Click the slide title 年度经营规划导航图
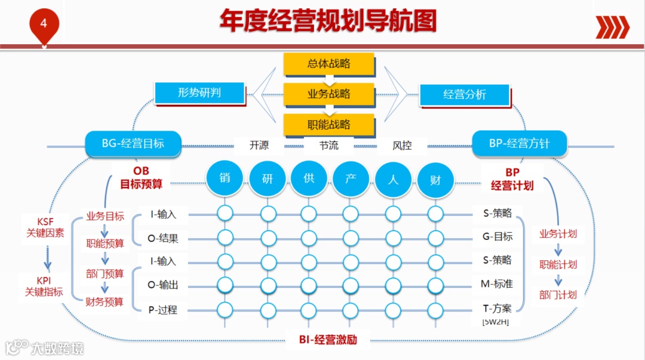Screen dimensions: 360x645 coord(328,21)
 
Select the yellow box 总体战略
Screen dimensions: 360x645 coord(329,64)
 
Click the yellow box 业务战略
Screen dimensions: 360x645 coord(329,94)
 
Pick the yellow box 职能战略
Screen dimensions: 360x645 coord(329,125)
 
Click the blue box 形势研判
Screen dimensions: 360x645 coord(199,93)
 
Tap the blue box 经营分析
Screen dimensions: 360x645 coord(465,95)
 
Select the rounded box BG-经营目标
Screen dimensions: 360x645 coord(133,144)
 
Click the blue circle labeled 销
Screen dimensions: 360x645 coord(225,177)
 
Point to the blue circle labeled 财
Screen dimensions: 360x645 coord(435,179)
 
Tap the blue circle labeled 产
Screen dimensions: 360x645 coord(351,179)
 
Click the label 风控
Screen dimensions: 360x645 coord(402,145)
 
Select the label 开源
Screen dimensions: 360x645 coord(259,145)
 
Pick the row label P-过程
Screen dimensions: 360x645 coord(162,310)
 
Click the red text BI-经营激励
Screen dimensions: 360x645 coord(328,340)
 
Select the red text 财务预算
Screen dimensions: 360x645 coord(105,302)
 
